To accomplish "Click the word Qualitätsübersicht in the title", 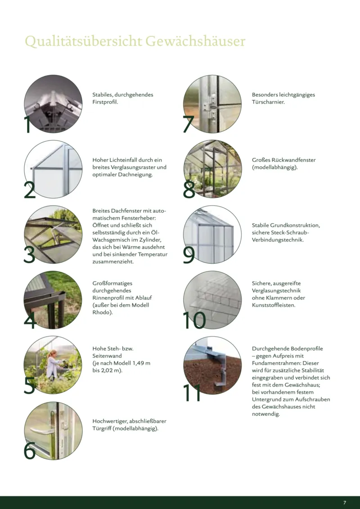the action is [x=83, y=42].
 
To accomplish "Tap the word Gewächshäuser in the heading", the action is [x=195, y=41].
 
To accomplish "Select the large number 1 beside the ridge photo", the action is [x=27, y=125].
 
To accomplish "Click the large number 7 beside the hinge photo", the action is [x=188, y=124].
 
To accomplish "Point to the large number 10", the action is [x=194, y=320].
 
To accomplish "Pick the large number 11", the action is [x=192, y=393].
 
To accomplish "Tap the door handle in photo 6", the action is [x=42, y=431].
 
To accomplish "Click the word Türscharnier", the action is [x=268, y=102].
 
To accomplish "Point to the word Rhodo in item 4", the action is [x=102, y=312].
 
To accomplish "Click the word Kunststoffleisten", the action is [x=273, y=305].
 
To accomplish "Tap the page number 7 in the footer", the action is [x=345, y=503].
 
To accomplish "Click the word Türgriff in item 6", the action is [x=102, y=428].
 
